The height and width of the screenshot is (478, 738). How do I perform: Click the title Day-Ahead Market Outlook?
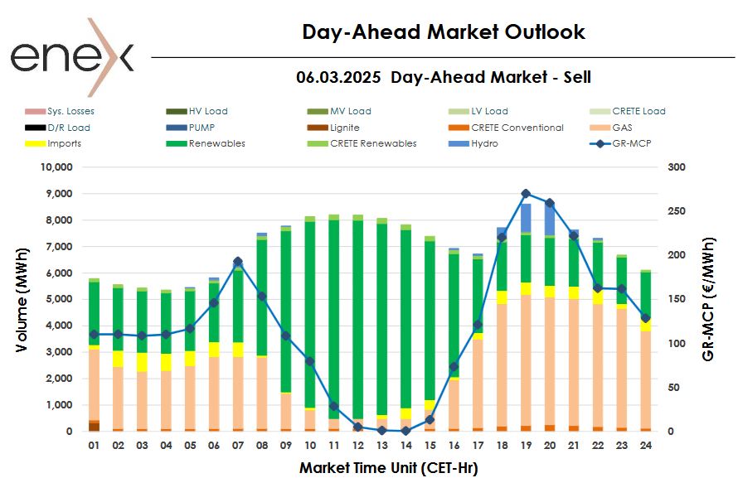pyautogui.click(x=444, y=32)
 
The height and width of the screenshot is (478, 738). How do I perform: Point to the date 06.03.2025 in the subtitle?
pyautogui.click(x=338, y=77)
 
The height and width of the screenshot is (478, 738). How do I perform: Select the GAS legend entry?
pyautogui.click(x=622, y=128)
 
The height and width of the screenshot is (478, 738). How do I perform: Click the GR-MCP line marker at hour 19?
pyautogui.click(x=526, y=194)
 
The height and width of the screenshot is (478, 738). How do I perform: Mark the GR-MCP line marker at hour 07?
pyautogui.click(x=238, y=262)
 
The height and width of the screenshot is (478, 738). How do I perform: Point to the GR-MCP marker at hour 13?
pyautogui.click(x=381, y=431)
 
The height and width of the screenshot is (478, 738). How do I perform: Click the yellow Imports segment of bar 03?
pyautogui.click(x=142, y=363)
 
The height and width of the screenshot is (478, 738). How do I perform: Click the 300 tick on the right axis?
pyautogui.click(x=677, y=167)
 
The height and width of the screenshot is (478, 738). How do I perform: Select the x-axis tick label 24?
pyautogui.click(x=645, y=446)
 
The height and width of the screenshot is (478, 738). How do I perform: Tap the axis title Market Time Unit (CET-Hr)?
pyautogui.click(x=388, y=467)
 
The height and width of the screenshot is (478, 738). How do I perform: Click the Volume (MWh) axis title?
pyautogui.click(x=22, y=298)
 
